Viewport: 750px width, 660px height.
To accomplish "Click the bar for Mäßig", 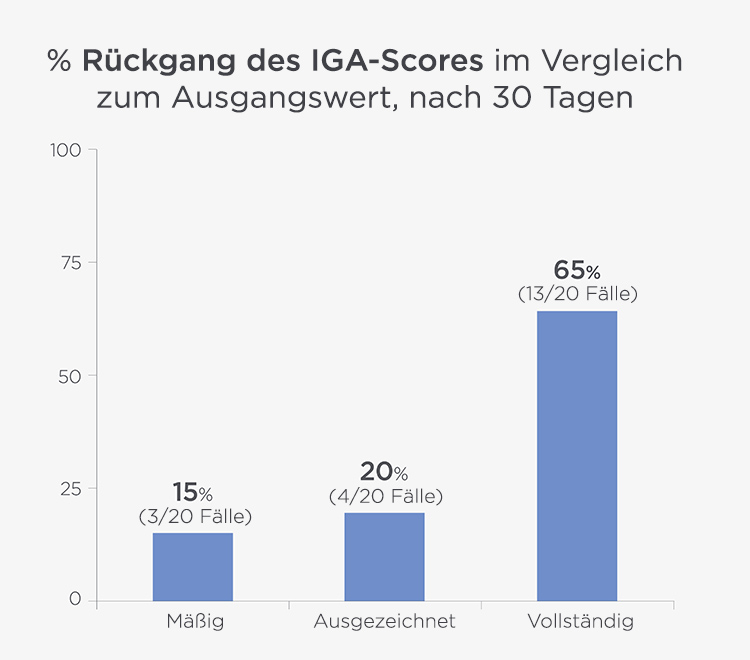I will [193, 566].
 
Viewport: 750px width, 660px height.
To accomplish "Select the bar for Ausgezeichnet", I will [385, 556].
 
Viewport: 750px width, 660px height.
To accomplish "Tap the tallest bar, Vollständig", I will [577, 455].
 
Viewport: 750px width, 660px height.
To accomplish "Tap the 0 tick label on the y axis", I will [74, 600].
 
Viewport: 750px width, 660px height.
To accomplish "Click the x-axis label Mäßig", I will [194, 622].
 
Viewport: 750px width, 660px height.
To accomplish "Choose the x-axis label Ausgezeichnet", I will [385, 622].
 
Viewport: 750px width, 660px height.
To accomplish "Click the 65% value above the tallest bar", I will [577, 271].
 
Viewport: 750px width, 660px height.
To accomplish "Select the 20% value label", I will [385, 472].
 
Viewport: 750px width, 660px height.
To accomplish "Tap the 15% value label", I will [193, 492].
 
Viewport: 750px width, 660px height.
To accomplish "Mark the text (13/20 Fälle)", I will [578, 295].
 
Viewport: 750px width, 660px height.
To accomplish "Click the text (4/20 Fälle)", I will [386, 496].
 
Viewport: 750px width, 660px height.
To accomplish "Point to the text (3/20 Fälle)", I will [194, 516].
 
